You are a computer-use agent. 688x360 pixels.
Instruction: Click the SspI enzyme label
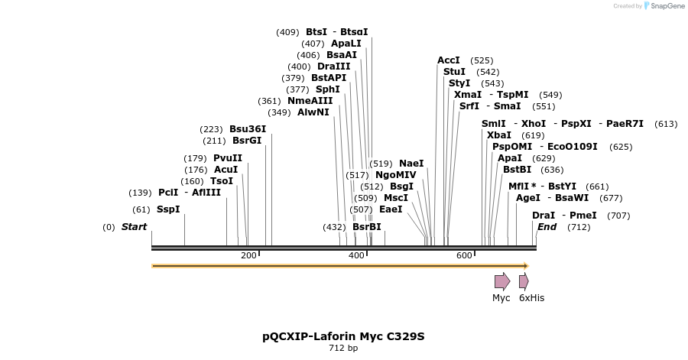point(168,209)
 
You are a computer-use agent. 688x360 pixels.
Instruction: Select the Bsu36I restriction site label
point(248,129)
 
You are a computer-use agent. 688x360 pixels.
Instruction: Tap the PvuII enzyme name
point(228,158)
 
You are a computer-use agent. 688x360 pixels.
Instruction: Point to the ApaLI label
point(346,44)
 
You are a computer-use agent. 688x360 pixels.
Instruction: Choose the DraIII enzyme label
point(334,66)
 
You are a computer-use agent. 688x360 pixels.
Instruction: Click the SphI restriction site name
point(328,89)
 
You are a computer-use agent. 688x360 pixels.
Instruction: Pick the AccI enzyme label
point(449,60)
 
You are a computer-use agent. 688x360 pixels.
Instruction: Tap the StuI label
point(454,72)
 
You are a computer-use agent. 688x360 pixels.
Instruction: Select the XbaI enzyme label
point(499,135)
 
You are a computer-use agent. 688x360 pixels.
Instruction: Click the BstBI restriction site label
point(518,170)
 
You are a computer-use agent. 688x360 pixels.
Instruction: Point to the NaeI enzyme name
point(411,164)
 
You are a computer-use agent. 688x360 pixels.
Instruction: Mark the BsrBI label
point(367,227)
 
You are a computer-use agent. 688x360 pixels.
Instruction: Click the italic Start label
point(134,227)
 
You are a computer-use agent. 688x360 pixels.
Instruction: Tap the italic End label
point(547,227)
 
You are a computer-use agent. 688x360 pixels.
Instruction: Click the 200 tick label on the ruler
point(248,255)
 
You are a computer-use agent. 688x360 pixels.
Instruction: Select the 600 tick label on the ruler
point(464,255)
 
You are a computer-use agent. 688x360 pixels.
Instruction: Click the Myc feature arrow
point(502,281)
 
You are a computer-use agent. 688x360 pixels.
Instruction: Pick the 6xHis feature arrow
point(524,281)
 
